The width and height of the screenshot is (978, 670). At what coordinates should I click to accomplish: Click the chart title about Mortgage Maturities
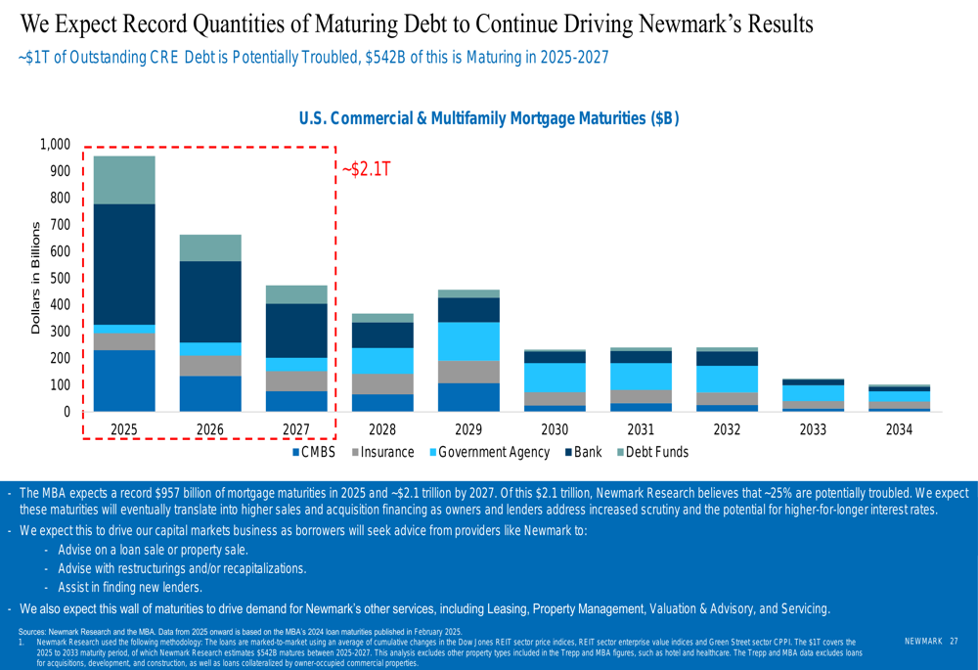pos(488,118)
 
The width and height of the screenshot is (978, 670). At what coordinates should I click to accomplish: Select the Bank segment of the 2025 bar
pos(124,264)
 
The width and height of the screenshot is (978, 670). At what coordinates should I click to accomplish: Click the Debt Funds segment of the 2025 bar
pos(124,180)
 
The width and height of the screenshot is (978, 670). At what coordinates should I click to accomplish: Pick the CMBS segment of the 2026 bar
pos(210,393)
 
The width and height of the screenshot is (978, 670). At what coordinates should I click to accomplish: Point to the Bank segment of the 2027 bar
pos(296,331)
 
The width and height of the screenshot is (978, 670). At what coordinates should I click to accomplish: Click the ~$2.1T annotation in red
pos(366,170)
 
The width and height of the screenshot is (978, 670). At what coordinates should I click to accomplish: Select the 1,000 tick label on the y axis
pos(55,145)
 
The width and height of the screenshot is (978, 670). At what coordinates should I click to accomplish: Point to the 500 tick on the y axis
pos(60,278)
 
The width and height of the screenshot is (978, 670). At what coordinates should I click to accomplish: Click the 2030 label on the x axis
pos(555,428)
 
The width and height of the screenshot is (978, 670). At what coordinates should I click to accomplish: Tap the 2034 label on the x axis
pos(899,428)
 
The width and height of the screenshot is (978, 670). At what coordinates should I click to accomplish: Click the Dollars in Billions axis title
pos(36,279)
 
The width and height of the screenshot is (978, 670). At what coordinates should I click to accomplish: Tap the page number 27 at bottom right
pos(954,640)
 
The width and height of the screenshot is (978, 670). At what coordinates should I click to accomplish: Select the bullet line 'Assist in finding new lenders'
pos(129,588)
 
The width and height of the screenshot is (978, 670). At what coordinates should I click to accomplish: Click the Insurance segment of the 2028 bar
pos(382,383)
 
